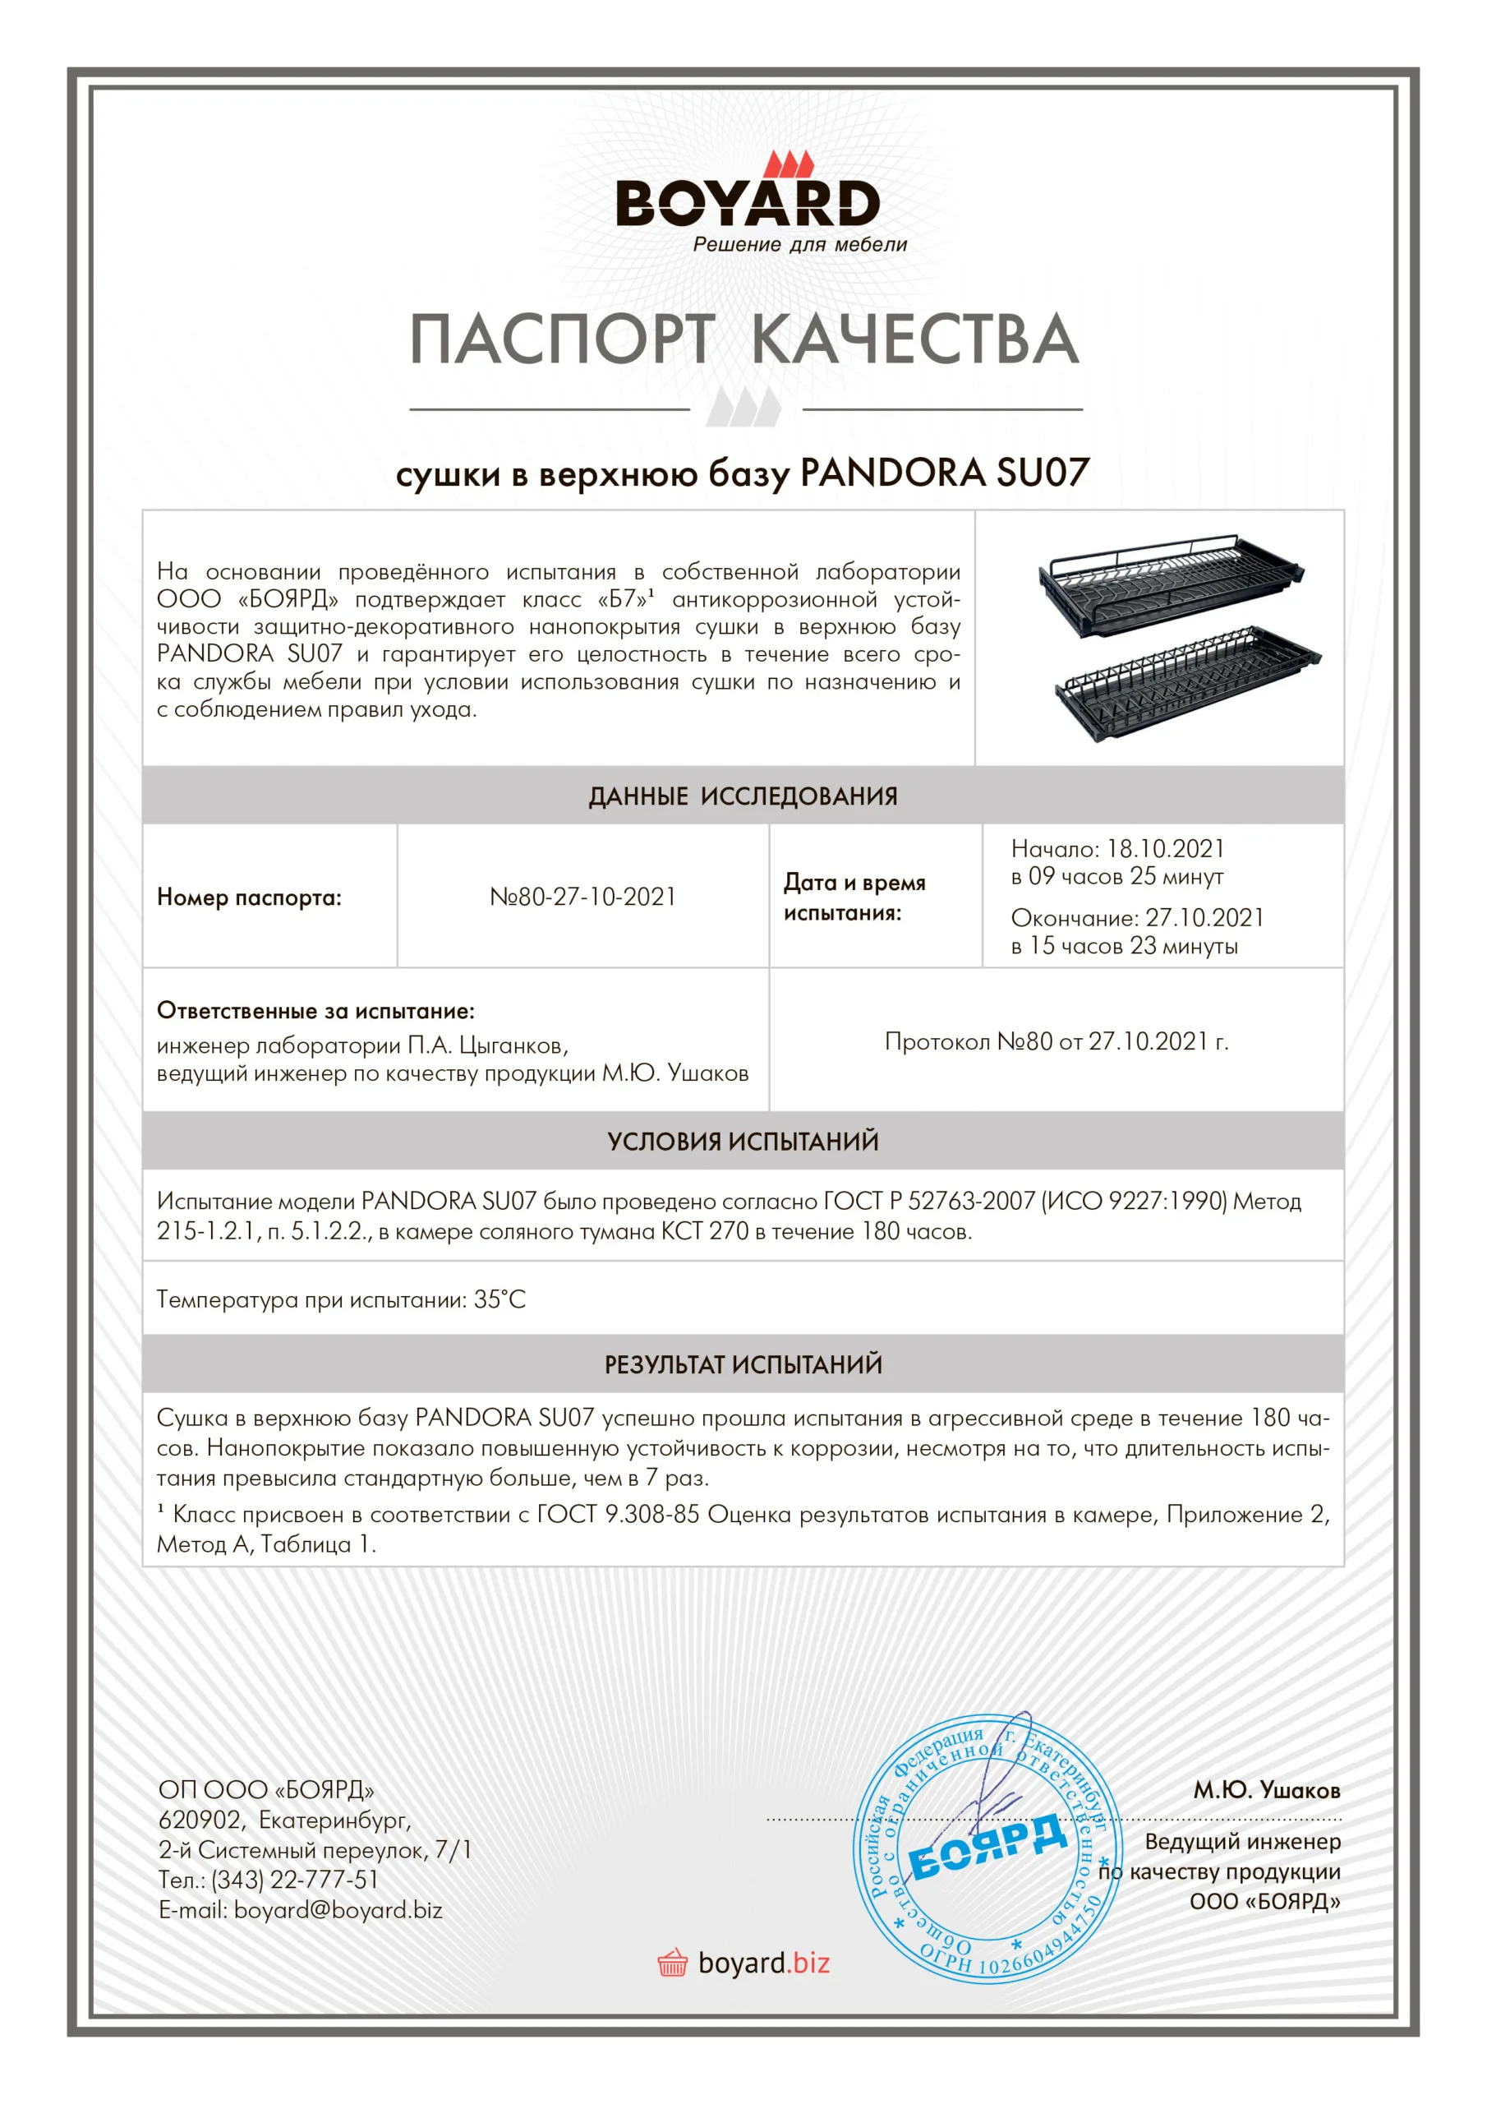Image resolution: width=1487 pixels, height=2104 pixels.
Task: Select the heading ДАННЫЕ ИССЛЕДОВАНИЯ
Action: pyautogui.click(x=743, y=796)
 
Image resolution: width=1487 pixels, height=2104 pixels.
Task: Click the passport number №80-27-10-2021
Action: pyautogui.click(x=582, y=896)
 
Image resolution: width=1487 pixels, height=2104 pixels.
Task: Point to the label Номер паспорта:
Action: pyautogui.click(x=249, y=897)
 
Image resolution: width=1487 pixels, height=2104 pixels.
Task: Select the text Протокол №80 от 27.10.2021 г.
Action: pyautogui.click(x=1057, y=1041)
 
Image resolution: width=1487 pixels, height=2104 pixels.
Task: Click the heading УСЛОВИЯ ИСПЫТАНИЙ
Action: pyautogui.click(x=743, y=1141)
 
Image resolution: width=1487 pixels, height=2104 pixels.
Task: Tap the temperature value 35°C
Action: pyautogui.click(x=500, y=1299)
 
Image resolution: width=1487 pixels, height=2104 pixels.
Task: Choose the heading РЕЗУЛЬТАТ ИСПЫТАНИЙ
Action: pyautogui.click(x=743, y=1364)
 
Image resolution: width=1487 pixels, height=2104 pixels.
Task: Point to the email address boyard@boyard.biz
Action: pyautogui.click(x=338, y=1910)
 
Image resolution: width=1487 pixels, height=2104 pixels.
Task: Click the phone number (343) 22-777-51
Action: pyautogui.click(x=295, y=1880)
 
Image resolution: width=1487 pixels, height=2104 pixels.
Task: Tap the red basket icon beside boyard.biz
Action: pyautogui.click(x=673, y=1963)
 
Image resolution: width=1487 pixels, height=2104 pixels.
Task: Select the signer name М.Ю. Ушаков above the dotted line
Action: pyautogui.click(x=1266, y=1790)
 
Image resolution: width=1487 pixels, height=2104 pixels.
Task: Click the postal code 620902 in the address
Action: pyautogui.click(x=200, y=1819)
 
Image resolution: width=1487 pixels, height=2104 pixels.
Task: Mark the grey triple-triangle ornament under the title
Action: pyautogui.click(x=744, y=407)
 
